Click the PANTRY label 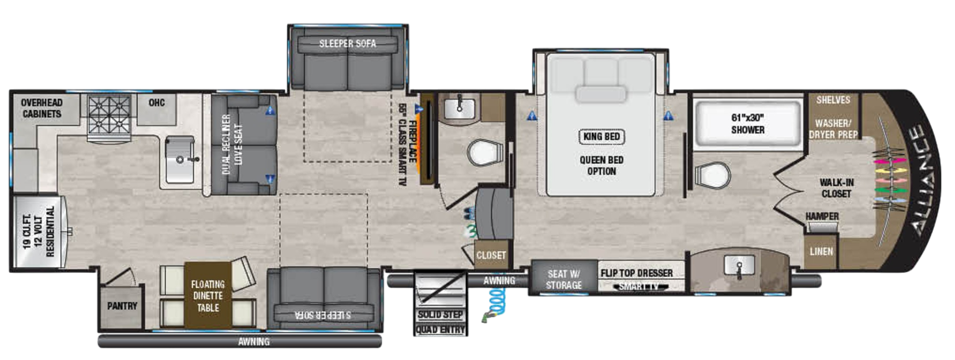(122, 306)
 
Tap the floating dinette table (208, 296)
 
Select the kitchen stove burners (109, 115)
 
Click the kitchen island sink (180, 159)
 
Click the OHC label (156, 103)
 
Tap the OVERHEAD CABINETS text (42, 108)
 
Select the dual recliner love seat (244, 145)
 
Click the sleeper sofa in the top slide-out (348, 60)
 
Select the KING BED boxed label (601, 137)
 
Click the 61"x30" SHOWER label (748, 124)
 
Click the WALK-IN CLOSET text (836, 188)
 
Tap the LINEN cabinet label (821, 252)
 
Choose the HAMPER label (822, 216)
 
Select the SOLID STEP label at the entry (440, 315)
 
